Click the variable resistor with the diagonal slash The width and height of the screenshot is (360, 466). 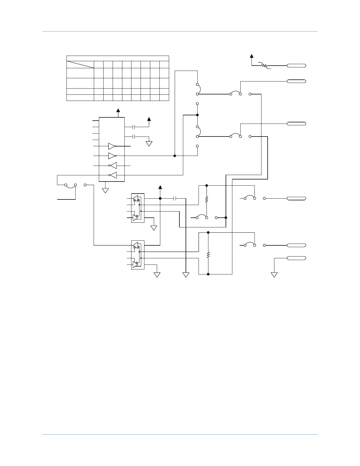click(264, 66)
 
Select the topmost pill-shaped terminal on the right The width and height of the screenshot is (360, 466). click(296, 66)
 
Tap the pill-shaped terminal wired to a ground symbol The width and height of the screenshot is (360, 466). click(296, 258)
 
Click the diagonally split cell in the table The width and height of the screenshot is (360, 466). click(80, 64)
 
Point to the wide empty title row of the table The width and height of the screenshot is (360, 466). click(118, 58)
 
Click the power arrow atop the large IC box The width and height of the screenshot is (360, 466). click(118, 111)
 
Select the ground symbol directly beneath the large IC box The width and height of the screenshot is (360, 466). click(105, 190)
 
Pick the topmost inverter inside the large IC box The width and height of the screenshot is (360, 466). click(112, 146)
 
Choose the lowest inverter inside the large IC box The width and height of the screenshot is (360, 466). click(113, 175)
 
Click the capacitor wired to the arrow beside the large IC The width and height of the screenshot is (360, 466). click(134, 127)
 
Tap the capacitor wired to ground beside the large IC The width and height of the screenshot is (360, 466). click(134, 137)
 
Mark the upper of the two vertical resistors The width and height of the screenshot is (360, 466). click(206, 199)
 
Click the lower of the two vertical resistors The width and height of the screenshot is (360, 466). click(208, 254)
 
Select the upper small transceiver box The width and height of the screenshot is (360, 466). click(138, 208)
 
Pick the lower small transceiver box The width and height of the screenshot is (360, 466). click(138, 255)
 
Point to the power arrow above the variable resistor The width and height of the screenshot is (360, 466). click(251, 56)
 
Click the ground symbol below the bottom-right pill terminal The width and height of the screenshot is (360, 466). click(274, 275)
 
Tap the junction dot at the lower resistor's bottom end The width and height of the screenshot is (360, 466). click(208, 274)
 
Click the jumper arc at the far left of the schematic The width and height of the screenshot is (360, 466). click(70, 185)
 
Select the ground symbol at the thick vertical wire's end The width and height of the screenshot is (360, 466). click(186, 275)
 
